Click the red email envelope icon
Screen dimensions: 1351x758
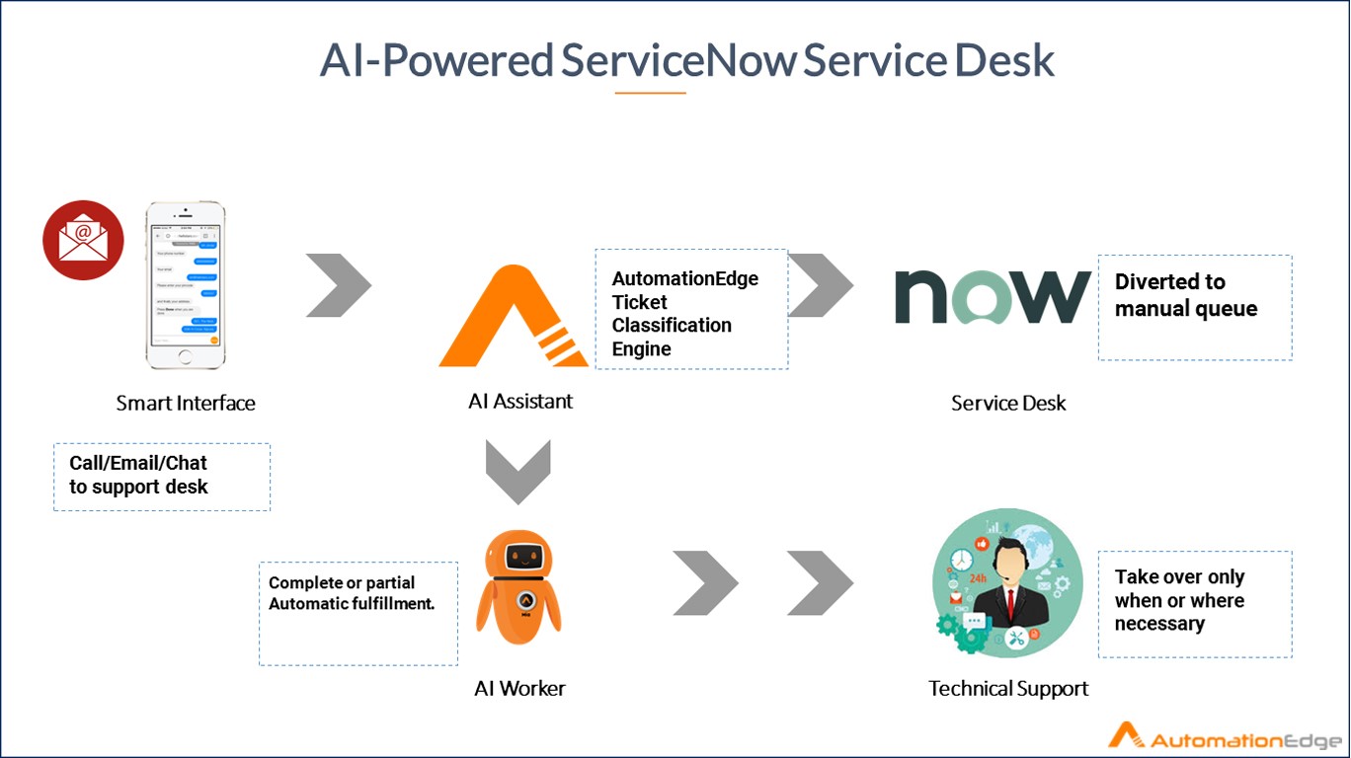(83, 240)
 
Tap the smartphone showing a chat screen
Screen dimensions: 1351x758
(186, 286)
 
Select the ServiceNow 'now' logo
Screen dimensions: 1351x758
(992, 296)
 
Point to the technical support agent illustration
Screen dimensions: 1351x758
(1006, 582)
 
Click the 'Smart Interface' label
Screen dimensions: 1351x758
(186, 403)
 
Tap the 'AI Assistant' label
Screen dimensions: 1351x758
(520, 401)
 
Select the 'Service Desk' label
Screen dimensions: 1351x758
(1008, 403)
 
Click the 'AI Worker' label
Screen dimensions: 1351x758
(519, 689)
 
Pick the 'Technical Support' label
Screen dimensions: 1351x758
(1008, 689)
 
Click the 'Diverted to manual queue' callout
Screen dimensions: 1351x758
(1195, 307)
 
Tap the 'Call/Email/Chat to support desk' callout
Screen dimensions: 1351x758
(161, 476)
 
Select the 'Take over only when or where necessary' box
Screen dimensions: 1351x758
(1195, 603)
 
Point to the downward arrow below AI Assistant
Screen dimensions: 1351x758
(518, 472)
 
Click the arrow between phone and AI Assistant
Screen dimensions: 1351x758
(338, 285)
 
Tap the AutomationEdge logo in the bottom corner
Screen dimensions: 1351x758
(1224, 737)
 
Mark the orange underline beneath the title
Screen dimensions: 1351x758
(650, 93)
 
